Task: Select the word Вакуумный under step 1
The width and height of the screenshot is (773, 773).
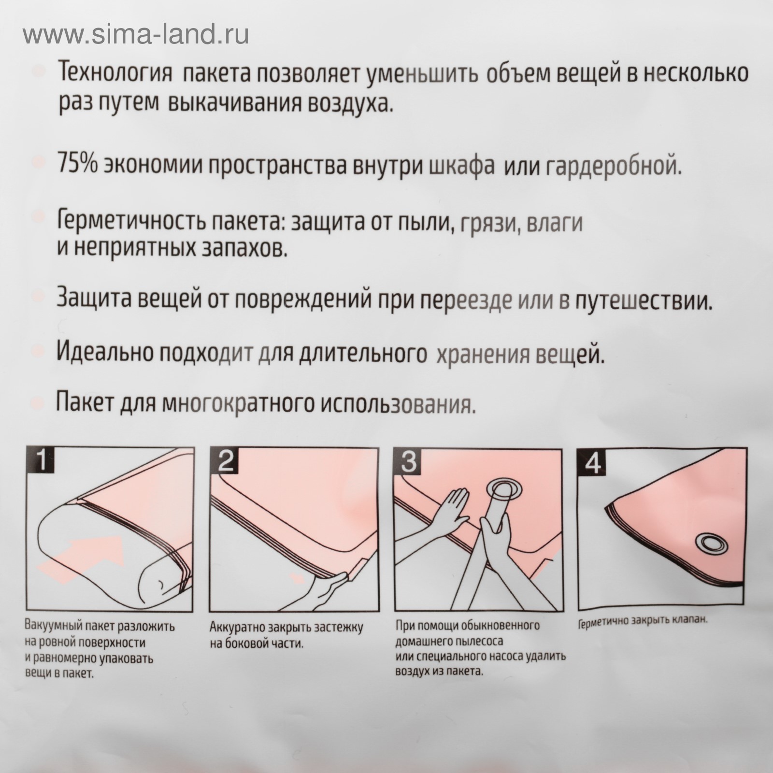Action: pos(49,628)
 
